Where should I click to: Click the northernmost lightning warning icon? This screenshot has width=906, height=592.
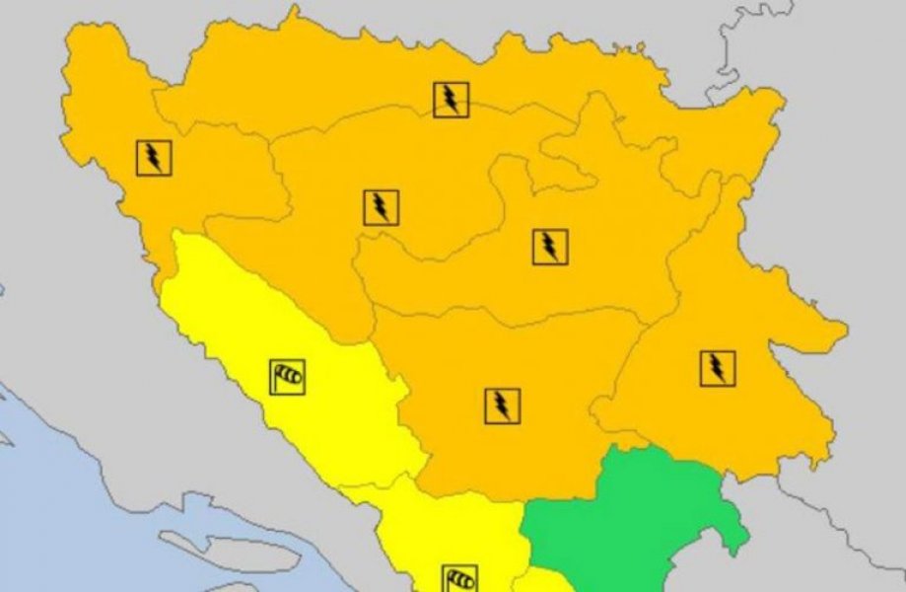click(x=451, y=100)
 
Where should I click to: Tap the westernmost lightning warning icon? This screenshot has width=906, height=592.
click(x=155, y=157)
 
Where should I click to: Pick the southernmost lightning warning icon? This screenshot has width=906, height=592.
click(x=502, y=406)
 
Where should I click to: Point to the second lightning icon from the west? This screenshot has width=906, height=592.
click(x=381, y=207)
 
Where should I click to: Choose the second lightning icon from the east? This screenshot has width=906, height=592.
click(x=550, y=247)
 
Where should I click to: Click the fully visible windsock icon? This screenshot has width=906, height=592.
click(x=287, y=376)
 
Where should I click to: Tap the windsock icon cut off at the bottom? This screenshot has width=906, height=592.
click(x=459, y=578)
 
